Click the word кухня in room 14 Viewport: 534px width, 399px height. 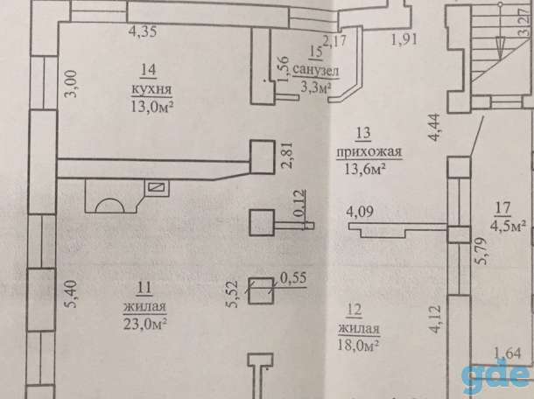[151, 89]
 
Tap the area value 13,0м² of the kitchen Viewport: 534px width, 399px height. [152, 107]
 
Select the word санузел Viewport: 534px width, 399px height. [315, 71]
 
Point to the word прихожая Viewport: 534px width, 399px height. [369, 152]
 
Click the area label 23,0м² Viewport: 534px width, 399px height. [144, 323]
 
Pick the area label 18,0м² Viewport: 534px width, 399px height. [358, 345]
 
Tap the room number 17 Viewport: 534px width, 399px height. [502, 208]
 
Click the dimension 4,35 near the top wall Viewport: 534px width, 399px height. [143, 31]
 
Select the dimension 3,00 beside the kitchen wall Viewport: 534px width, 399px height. [72, 84]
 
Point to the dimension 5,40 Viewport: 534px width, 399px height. [72, 294]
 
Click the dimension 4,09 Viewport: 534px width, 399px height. [360, 212]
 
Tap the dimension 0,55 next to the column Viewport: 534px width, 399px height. [293, 278]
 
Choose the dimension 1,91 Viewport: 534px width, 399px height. [404, 40]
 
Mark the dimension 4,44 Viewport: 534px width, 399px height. [435, 127]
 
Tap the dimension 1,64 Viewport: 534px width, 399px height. [508, 353]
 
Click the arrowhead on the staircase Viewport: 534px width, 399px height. [500, 47]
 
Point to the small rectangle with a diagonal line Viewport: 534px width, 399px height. [157, 187]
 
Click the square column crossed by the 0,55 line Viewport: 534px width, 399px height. [261, 290]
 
